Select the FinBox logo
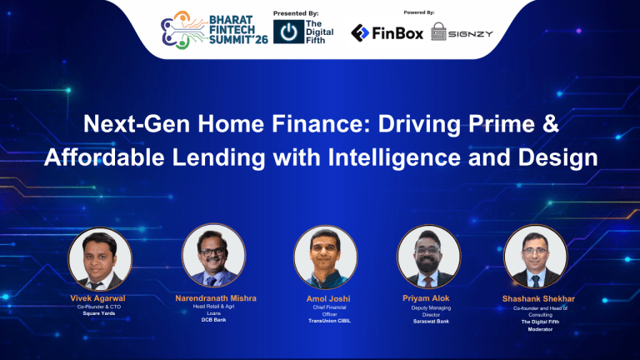(387, 33)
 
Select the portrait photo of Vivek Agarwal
(98, 257)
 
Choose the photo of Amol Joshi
(322, 257)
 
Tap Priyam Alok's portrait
(429, 257)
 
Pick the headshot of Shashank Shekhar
(538, 257)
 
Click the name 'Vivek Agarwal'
(98, 297)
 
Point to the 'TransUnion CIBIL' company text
(322, 321)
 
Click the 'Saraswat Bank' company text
(431, 321)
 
